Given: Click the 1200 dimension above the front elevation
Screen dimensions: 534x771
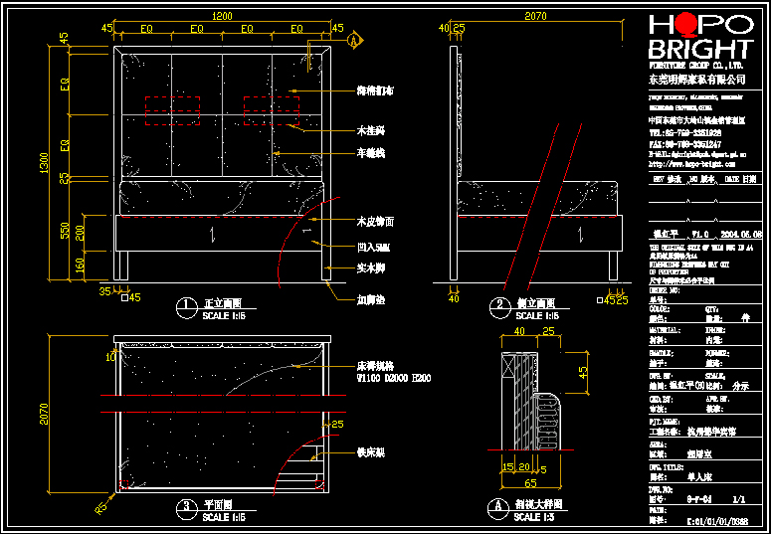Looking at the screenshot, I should pyautogui.click(x=221, y=15).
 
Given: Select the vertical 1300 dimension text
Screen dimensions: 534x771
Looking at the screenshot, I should pyautogui.click(x=43, y=165).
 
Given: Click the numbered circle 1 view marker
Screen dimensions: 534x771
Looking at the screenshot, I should pyautogui.click(x=185, y=305).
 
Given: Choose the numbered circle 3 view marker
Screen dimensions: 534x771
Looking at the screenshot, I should pyautogui.click(x=185, y=508).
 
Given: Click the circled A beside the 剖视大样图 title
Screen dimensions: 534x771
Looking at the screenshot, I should pyautogui.click(x=495, y=508).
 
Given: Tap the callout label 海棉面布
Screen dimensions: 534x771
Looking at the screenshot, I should pyautogui.click(x=376, y=90).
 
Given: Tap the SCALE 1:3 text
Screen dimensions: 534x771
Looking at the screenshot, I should pyautogui.click(x=535, y=517).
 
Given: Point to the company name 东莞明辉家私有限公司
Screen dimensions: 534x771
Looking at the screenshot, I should pyautogui.click(x=697, y=78).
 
